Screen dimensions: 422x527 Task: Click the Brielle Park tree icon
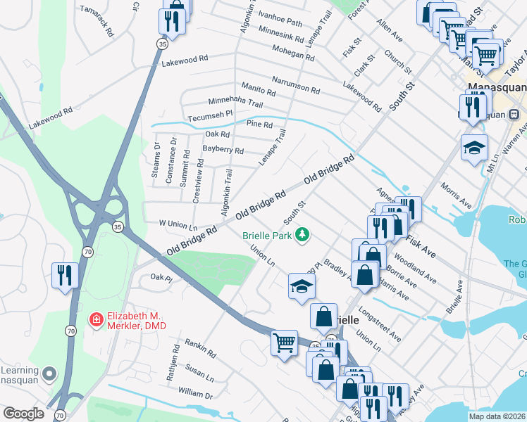click(302, 234)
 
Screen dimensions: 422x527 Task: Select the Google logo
click(23, 414)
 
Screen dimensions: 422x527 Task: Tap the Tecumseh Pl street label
click(209, 116)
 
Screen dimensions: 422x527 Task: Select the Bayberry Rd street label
click(223, 150)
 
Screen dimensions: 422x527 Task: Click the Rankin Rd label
click(200, 345)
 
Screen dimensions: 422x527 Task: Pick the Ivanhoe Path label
click(280, 23)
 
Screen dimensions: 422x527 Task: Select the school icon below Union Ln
click(302, 285)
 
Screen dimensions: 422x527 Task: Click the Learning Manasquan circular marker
click(49, 373)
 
